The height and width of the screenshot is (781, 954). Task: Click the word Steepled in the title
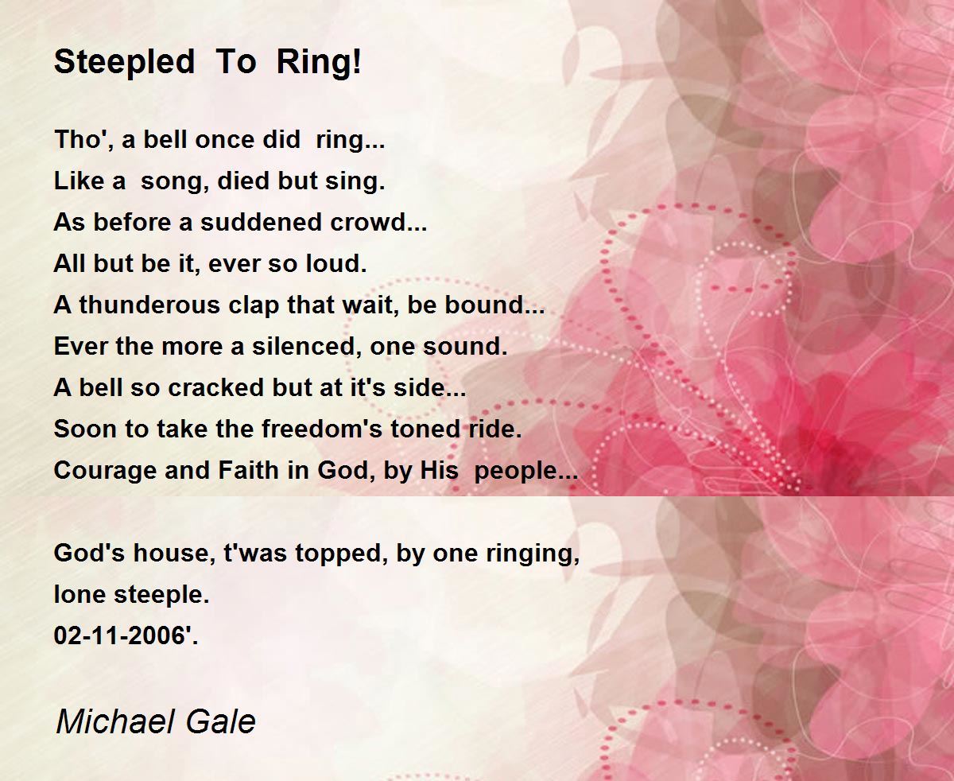124,63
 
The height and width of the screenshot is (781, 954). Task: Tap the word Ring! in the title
319,61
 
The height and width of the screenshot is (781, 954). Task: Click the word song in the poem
172,182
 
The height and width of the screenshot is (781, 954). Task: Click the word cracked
215,387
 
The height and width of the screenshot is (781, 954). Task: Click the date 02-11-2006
120,635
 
